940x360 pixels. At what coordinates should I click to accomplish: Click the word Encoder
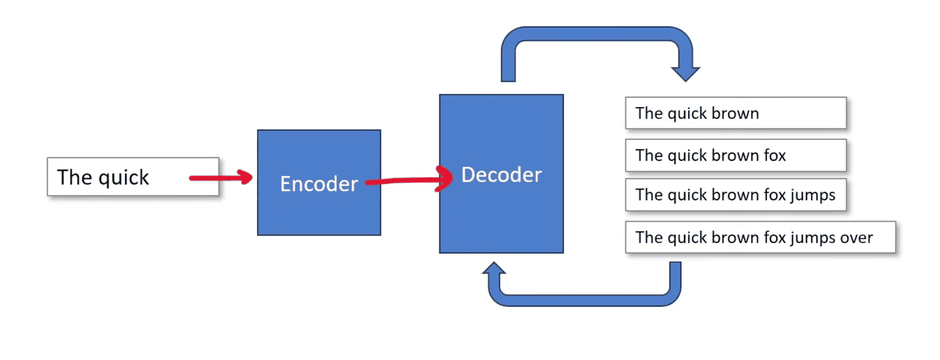point(318,184)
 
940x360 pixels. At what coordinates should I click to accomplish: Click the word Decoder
point(501,175)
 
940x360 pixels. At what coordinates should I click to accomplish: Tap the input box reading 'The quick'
point(133,177)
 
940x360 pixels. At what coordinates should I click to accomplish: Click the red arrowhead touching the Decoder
point(445,178)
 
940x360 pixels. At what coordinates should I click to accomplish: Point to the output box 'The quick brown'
point(736,113)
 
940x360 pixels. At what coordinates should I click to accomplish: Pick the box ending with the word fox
point(736,155)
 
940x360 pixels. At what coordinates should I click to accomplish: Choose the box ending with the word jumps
point(736,195)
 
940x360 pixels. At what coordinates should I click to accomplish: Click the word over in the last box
point(856,238)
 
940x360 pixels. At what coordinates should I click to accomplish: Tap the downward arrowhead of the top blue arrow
point(685,74)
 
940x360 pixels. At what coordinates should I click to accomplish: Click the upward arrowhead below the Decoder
point(494,269)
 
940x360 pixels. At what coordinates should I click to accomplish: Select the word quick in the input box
point(124,178)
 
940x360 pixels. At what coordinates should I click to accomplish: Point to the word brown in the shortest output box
point(735,114)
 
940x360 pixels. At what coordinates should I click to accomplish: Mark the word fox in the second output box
point(775,156)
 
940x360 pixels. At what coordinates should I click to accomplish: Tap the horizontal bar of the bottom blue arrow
point(585,300)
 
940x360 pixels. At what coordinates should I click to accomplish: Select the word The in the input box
point(75,177)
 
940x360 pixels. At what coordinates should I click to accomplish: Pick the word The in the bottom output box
point(649,238)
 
